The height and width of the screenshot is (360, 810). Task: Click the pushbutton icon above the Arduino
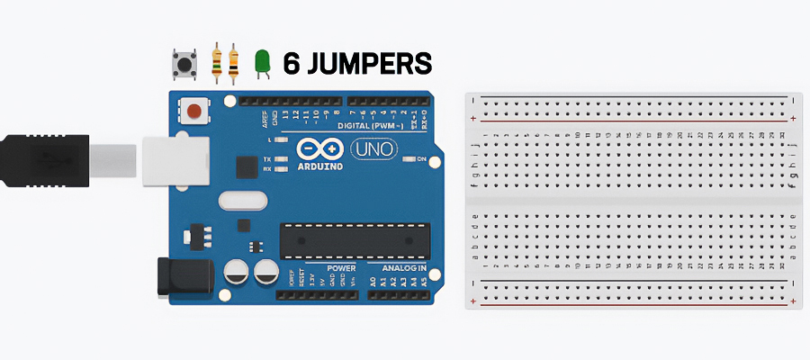click(184, 63)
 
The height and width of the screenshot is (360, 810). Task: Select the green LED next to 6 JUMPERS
click(263, 61)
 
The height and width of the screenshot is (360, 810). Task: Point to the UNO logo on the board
click(373, 149)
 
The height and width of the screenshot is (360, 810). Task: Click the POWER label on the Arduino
click(341, 268)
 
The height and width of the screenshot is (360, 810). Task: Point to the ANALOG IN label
click(403, 268)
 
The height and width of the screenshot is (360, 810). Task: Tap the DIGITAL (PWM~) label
click(366, 126)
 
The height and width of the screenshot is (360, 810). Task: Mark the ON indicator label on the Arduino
click(421, 158)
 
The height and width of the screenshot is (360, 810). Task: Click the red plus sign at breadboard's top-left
click(473, 119)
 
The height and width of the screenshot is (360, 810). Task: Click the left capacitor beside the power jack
click(237, 270)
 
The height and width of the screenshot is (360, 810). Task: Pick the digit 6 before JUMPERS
click(291, 63)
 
